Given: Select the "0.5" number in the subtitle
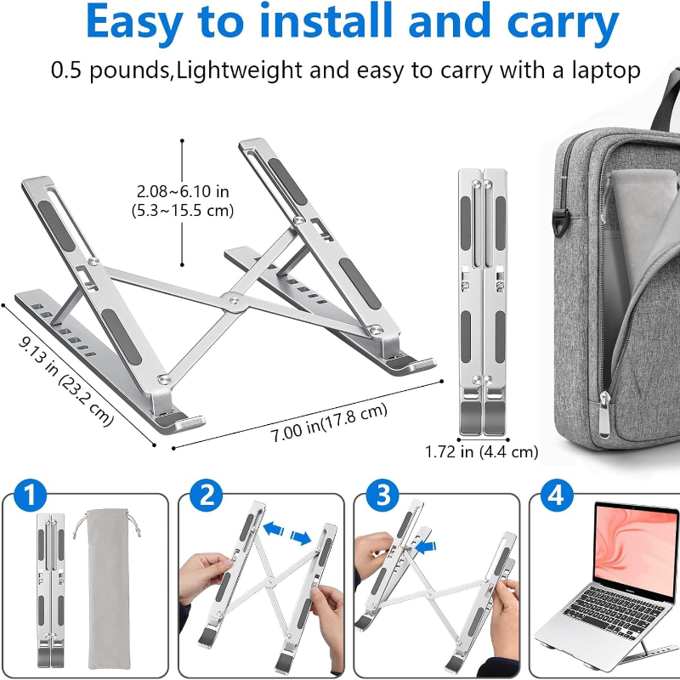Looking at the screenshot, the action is (x=66, y=71).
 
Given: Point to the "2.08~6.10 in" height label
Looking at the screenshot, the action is (x=183, y=191).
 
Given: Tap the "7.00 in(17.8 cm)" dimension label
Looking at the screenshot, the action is (x=329, y=422).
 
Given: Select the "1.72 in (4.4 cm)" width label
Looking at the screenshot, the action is (x=481, y=452).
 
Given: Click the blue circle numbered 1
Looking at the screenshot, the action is (x=30, y=495).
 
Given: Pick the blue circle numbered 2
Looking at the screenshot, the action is (x=207, y=495).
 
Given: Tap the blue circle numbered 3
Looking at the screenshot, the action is (x=382, y=495).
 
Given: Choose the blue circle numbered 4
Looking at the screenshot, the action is (x=558, y=495).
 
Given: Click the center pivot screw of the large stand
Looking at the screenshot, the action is (x=234, y=300).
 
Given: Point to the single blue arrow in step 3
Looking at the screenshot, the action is (x=426, y=547).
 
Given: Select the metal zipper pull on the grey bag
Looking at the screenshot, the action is (x=603, y=413).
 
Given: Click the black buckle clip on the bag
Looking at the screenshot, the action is (x=560, y=222).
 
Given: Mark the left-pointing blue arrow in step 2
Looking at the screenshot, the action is (x=274, y=529).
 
